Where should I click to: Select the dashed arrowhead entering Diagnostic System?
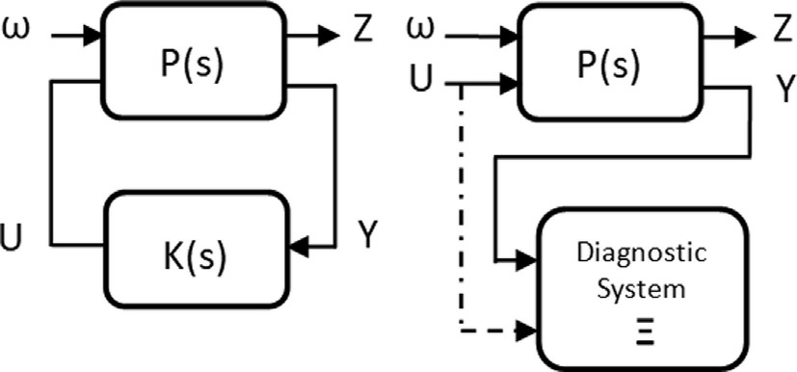pos(526,330)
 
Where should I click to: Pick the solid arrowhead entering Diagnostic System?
pos(526,260)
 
